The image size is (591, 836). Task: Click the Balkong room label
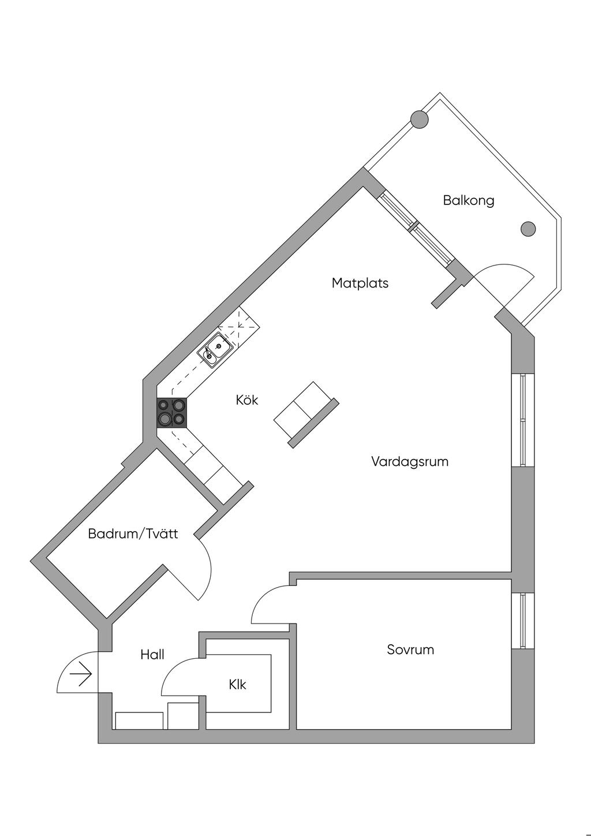pos(469,201)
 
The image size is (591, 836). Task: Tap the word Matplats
pos(360,283)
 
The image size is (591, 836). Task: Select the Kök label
pos(247,400)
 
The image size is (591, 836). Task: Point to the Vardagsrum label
pos(410,462)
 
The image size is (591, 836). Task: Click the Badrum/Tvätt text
pos(133,533)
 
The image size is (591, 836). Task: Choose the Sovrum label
pos(410,650)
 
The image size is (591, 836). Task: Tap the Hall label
pos(152,654)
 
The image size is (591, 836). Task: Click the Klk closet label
pos(238,685)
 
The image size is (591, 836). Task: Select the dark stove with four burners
pos(171,412)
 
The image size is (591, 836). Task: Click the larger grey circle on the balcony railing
pos(420,120)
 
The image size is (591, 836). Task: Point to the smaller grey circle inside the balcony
pos(528,229)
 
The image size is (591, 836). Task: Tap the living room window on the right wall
pos(522,420)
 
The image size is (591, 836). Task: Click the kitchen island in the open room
pos(306,415)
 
